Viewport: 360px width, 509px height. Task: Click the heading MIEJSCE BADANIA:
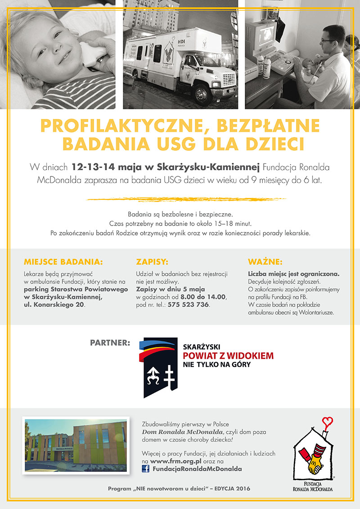[63, 261]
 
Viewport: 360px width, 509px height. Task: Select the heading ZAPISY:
[152, 261]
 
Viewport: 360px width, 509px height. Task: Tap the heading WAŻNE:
[265, 261]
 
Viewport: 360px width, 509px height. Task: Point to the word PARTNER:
[110, 343]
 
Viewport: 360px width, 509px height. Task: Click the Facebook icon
[146, 468]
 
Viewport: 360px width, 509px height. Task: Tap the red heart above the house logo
[328, 422]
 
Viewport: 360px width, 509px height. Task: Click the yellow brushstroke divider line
[185, 198]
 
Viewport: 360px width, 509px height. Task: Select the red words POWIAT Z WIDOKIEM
[228, 356]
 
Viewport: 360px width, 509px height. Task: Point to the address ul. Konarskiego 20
[54, 305]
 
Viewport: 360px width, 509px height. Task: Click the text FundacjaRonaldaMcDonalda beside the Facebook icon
[197, 468]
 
